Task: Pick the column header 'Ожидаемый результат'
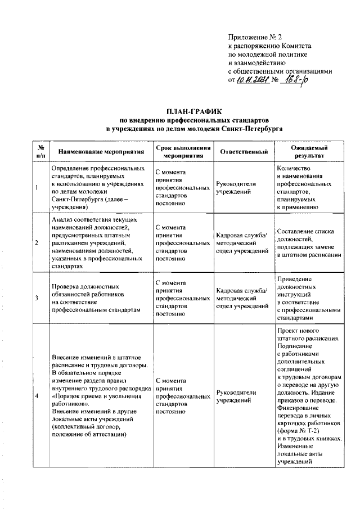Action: coord(309,151)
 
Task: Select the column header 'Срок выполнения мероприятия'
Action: coord(183,151)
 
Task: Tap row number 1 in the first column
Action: coord(37,187)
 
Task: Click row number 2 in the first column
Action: coord(37,243)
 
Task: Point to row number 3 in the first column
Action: coord(37,298)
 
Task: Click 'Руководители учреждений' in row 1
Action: coord(236,187)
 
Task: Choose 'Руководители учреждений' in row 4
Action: coord(236,397)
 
